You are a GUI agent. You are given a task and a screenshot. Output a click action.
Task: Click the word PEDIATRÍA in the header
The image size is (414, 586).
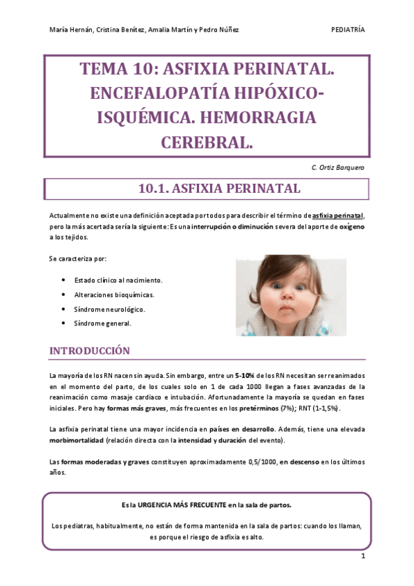(x=348, y=30)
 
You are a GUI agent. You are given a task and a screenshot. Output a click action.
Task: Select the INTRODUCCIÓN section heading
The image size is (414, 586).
(x=89, y=351)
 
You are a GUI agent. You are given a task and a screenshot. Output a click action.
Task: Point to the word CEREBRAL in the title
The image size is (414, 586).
(x=207, y=142)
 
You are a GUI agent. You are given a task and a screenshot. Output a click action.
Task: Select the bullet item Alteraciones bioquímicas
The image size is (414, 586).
(x=114, y=294)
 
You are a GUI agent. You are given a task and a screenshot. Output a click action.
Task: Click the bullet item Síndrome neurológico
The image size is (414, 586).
(x=109, y=309)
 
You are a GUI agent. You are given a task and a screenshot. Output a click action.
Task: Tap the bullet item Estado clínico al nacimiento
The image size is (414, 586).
(x=118, y=280)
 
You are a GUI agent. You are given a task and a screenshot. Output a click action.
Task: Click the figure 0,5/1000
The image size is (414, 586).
(x=258, y=462)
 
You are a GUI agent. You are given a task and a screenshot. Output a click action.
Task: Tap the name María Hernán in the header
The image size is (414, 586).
(x=68, y=30)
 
